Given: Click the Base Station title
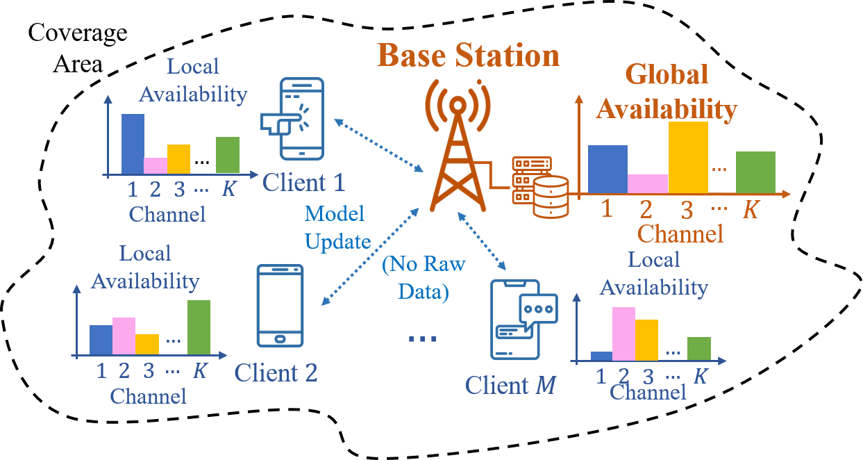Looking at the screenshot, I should (469, 55).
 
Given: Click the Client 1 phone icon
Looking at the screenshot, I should (292, 119).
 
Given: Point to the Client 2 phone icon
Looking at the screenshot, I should (280, 305).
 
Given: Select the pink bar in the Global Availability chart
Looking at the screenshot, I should (648, 183).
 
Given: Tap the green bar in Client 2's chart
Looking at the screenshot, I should (199, 327).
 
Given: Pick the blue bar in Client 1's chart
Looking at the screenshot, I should (133, 143).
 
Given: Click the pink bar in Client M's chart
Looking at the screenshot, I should (623, 334).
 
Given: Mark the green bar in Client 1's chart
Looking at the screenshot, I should (228, 154).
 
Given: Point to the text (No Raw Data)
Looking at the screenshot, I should (424, 277).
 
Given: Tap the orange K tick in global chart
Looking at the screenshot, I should (751, 210).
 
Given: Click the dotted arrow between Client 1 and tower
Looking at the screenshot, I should (379, 147).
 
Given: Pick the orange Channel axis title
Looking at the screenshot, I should (680, 234).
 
